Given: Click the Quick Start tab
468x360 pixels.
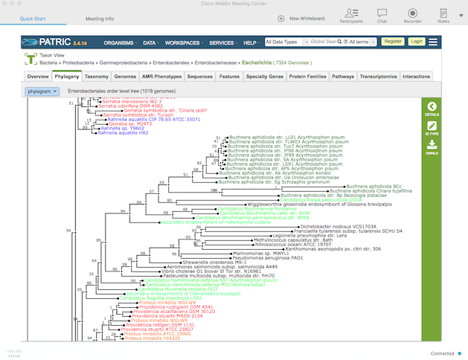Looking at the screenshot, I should [x=31, y=17].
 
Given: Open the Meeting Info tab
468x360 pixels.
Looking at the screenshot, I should [x=100, y=17].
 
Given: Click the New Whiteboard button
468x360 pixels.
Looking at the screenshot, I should [x=301, y=17].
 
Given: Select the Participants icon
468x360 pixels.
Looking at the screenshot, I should [x=351, y=15].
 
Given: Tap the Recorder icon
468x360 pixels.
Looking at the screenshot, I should [x=412, y=15].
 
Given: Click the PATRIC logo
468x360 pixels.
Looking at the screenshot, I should [x=48, y=42].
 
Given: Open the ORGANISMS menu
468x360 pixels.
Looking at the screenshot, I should [x=120, y=42].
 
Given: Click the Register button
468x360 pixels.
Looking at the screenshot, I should [x=392, y=42].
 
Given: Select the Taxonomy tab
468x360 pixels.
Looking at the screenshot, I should [x=97, y=77].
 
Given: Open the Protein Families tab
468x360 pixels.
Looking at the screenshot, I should [x=307, y=77].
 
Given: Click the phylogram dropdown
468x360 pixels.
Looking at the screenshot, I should [x=41, y=91].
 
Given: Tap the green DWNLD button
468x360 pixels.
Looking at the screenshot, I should [x=432, y=147].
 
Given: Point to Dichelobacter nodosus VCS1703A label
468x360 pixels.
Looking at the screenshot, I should [x=339, y=225].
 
